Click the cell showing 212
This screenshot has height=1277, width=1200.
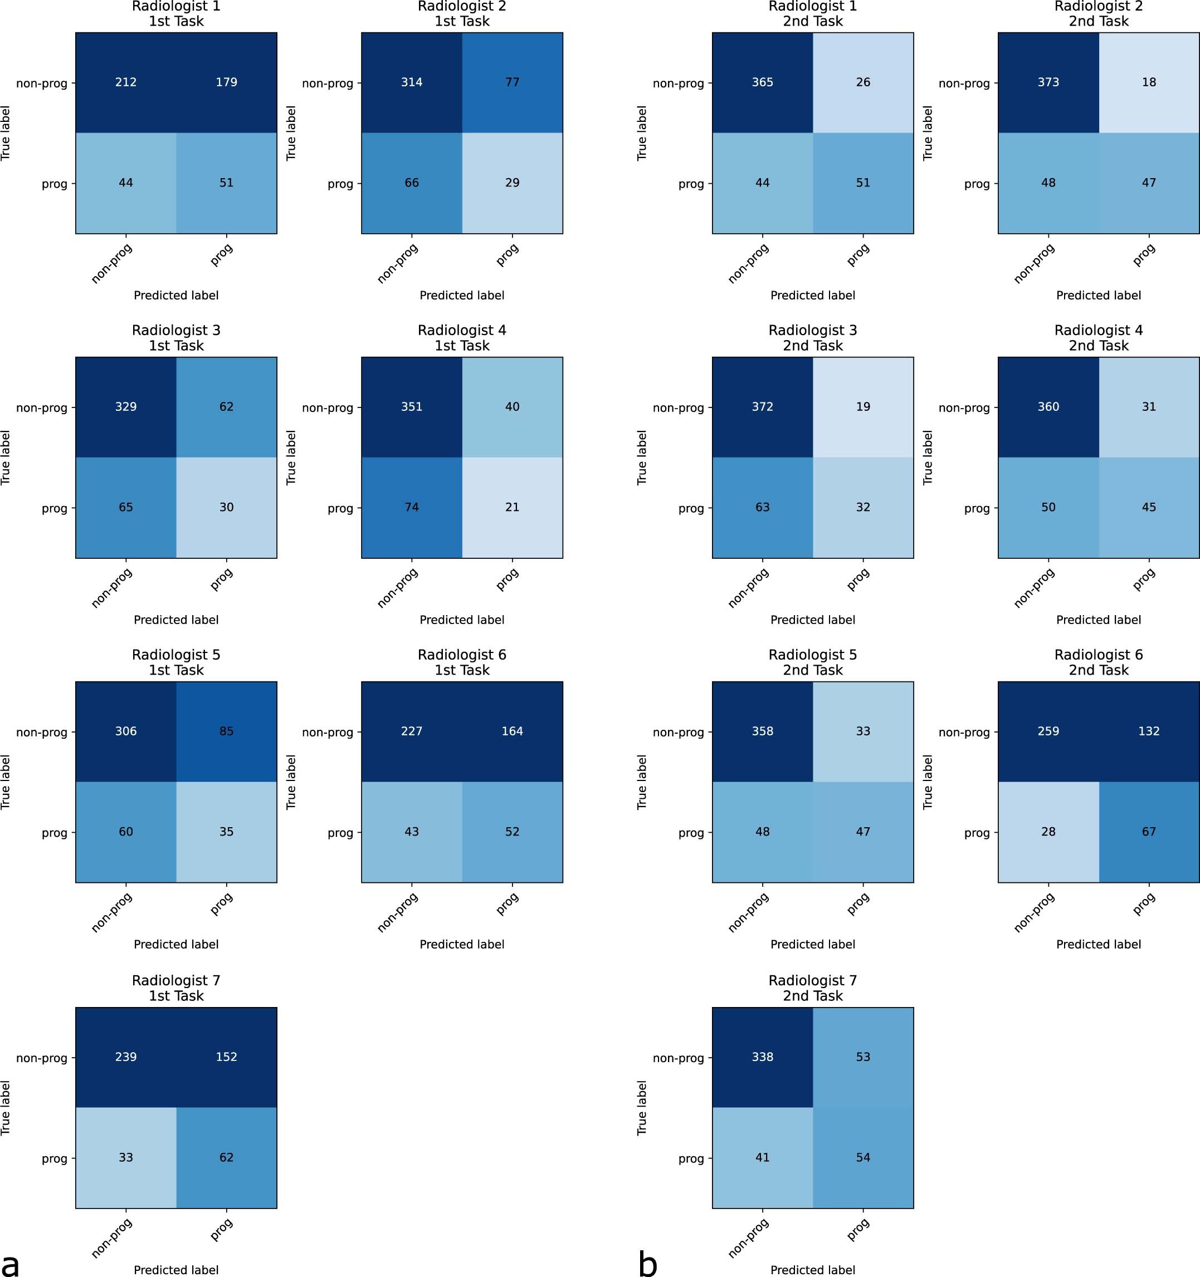pos(126,82)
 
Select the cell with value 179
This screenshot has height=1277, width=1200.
pos(226,82)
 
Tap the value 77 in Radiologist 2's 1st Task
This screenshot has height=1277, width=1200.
pos(513,82)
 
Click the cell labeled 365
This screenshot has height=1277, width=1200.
pos(762,82)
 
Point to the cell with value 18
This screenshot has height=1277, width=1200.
pos(1149,82)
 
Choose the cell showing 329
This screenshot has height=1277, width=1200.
pos(126,406)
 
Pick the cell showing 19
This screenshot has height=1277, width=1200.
pos(862,406)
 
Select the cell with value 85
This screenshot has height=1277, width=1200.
pos(226,731)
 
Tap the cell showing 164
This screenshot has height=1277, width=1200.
pos(513,731)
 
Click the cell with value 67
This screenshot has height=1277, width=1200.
pos(1149,832)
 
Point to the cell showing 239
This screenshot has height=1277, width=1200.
pos(126,1057)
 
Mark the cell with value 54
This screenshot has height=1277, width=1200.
pos(862,1157)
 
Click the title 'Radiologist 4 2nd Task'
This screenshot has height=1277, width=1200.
pos(1099,338)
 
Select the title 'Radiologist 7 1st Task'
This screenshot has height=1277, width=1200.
pos(176,988)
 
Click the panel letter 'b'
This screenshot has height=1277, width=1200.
pos(648,1263)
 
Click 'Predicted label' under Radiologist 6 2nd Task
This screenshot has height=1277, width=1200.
pos(1099,944)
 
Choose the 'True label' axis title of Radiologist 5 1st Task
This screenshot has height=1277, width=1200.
pos(6,782)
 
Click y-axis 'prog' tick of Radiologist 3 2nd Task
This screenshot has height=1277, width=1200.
pos(691,508)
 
